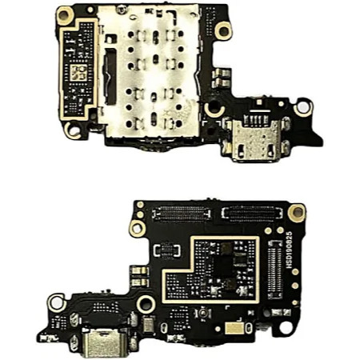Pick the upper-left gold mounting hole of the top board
tap(66, 14)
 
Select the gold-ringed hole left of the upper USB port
tap(213, 109)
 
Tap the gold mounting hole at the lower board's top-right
tap(297, 213)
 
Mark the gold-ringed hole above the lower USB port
tap(145, 304)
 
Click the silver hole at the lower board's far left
tap(56, 302)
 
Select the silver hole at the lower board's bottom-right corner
tap(284, 328)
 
